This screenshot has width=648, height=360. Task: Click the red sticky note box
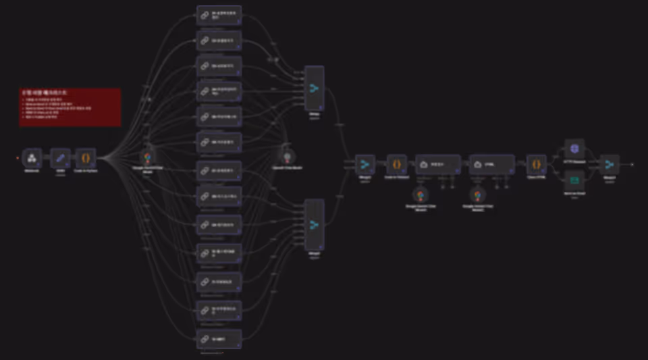tap(70, 107)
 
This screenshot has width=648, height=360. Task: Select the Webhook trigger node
tap(32, 158)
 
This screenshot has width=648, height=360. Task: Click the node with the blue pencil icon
tap(60, 158)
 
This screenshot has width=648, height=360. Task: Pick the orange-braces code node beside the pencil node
tap(86, 158)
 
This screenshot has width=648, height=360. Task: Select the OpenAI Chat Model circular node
tap(287, 155)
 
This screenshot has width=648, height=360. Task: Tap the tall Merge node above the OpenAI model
tap(314, 88)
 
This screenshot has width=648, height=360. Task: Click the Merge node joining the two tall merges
tap(365, 164)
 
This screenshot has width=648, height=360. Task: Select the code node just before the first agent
tap(397, 164)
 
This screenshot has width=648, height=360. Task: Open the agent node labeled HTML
tap(491, 164)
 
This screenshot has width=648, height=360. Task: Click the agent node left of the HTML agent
tap(438, 164)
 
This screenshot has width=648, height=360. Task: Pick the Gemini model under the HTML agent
tap(477, 195)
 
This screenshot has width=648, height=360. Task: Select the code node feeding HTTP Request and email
tap(536, 164)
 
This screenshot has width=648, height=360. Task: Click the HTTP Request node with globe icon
tap(574, 149)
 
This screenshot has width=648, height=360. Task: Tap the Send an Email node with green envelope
tap(574, 180)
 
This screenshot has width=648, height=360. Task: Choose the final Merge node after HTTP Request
tap(610, 164)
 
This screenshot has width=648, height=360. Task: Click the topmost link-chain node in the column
tap(219, 15)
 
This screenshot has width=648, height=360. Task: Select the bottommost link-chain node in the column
tap(219, 338)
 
